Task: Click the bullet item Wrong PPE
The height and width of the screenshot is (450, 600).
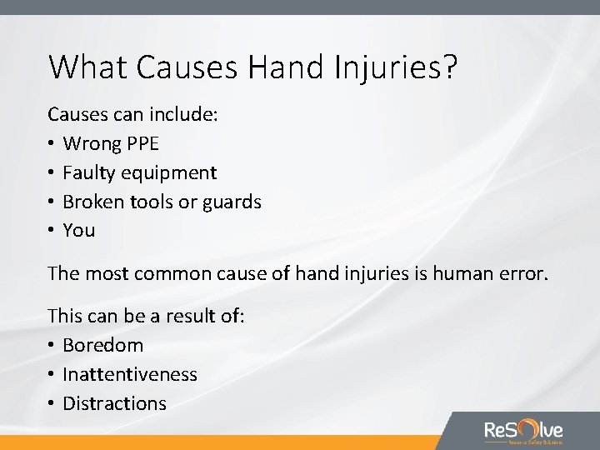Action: [x=110, y=144]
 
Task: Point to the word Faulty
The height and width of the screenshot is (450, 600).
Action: [x=88, y=173]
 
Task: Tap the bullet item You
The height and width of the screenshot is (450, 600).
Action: [x=79, y=231]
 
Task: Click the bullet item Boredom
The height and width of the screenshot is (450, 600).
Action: [x=102, y=345]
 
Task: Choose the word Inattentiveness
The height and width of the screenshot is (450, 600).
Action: [x=130, y=374]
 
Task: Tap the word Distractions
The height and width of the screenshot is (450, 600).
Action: [x=114, y=403]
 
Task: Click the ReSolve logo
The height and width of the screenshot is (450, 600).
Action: [x=523, y=431]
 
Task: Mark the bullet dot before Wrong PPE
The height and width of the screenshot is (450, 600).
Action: [x=52, y=144]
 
